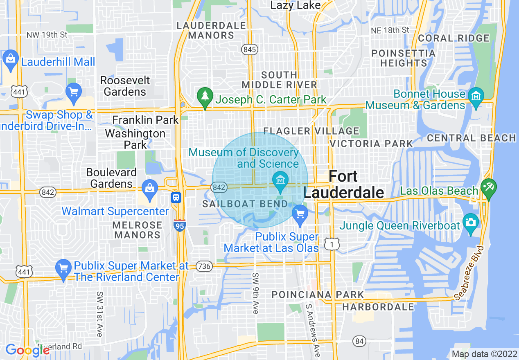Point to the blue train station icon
coord(176,198)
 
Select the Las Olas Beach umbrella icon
coord(488,188)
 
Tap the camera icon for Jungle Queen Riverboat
coord(471,223)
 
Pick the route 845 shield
coord(249,49)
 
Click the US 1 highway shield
coord(331,244)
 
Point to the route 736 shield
coord(204,266)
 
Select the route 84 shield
coord(359,340)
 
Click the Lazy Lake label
coord(296,5)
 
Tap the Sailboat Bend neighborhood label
coord(246,204)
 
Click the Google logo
coord(27,350)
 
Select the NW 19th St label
coord(47,35)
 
